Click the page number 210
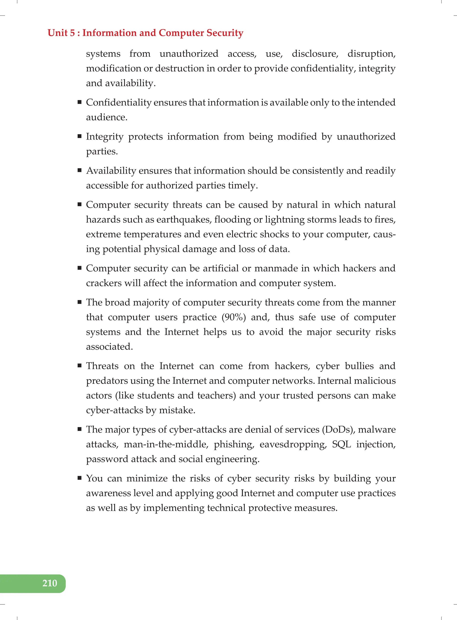coord(50,583)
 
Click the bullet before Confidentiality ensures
coord(80,102)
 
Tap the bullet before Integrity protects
coord(80,136)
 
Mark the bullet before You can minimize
coord(80,478)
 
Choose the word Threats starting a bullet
coord(102,366)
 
